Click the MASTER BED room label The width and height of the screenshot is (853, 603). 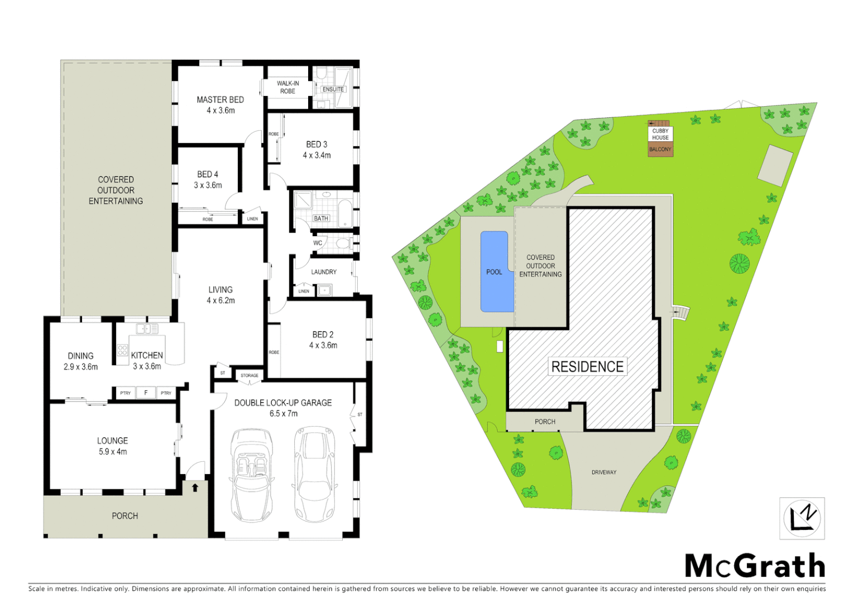[220, 100]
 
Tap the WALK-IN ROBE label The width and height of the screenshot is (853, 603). [288, 87]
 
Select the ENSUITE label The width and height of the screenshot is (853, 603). [333, 89]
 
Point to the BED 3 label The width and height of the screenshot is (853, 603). [317, 144]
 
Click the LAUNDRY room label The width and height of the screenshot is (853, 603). [324, 272]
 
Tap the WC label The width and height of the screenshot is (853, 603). [318, 243]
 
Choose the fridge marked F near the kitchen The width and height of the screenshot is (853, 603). [146, 393]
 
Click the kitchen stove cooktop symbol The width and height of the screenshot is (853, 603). [122, 351]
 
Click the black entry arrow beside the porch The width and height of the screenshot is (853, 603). [195, 487]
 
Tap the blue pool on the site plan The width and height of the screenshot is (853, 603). [496, 272]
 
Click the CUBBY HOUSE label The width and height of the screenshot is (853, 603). [660, 134]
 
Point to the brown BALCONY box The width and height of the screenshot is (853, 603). [660, 150]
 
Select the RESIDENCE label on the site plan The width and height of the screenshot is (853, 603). [587, 367]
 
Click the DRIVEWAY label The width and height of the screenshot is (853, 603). [604, 472]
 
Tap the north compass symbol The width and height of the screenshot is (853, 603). [802, 518]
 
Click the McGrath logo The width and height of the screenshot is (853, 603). [755, 566]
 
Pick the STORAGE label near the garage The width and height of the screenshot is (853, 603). [250, 376]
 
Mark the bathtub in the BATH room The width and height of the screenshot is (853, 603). [344, 213]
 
